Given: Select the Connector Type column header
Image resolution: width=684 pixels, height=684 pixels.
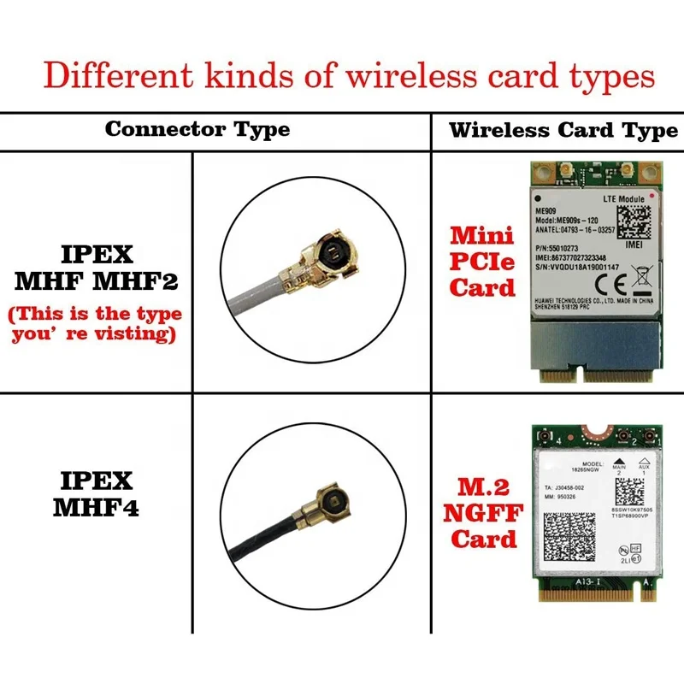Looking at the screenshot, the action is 198,130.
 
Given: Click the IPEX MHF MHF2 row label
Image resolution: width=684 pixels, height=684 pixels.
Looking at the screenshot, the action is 97,267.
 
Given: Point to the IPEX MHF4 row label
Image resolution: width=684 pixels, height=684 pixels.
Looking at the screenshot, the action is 97,492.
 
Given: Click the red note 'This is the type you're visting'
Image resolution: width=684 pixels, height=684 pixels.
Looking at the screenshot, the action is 96,324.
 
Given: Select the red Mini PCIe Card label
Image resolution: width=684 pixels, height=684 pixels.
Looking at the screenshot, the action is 482,260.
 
